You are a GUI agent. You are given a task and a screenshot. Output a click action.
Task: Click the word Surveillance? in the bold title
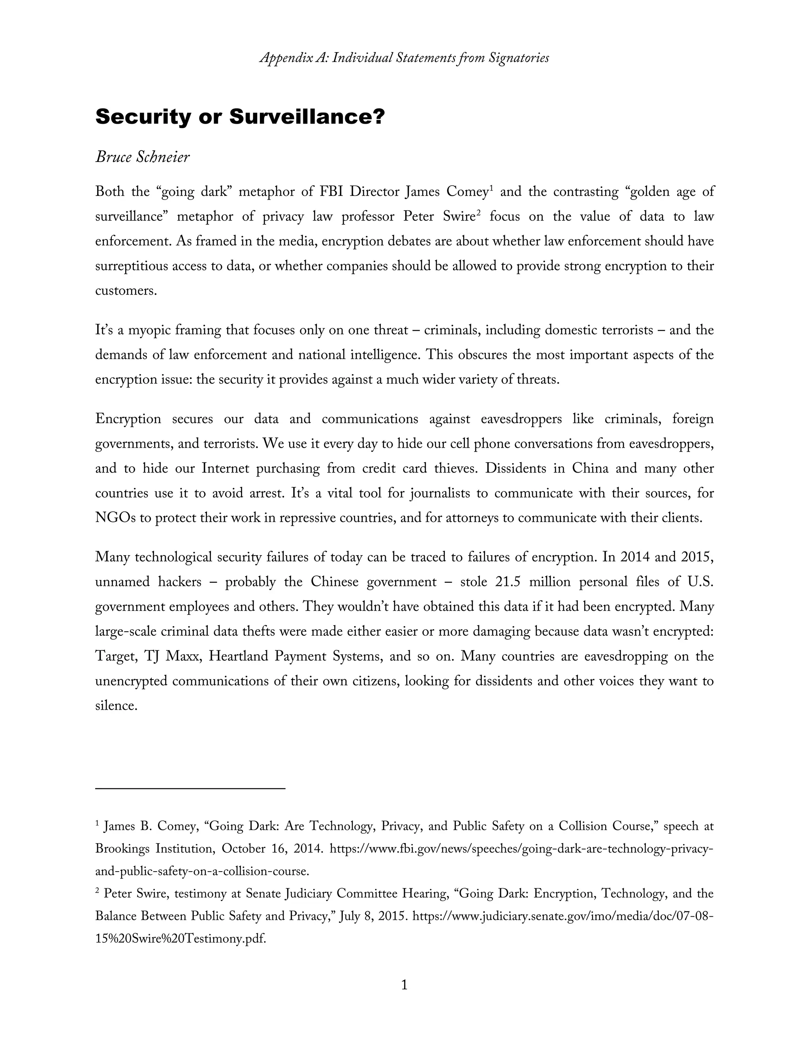[x=307, y=117]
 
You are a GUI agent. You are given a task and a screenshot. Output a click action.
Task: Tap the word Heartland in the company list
[x=238, y=656]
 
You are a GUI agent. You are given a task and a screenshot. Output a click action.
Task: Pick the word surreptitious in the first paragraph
[x=134, y=266]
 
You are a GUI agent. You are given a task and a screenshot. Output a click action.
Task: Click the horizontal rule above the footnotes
[x=190, y=788]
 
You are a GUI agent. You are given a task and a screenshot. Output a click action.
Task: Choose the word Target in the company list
[x=115, y=656]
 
